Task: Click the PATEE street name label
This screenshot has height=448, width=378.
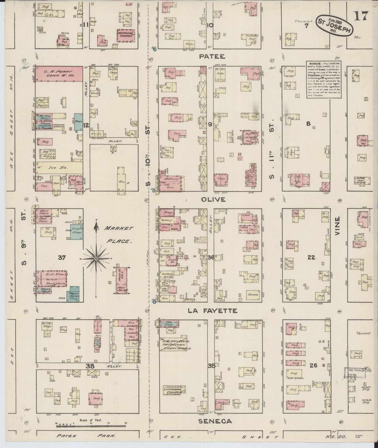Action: pyautogui.click(x=208, y=56)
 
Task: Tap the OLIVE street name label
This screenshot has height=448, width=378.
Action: pyautogui.click(x=213, y=199)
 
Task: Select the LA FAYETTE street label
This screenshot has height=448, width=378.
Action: pyautogui.click(x=213, y=311)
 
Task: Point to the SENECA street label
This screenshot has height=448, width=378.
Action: pyautogui.click(x=215, y=421)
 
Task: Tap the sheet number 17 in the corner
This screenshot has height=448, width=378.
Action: pyautogui.click(x=361, y=16)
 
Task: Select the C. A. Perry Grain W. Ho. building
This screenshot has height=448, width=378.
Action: pyautogui.click(x=59, y=73)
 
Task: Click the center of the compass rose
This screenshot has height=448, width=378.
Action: pyautogui.click(x=96, y=258)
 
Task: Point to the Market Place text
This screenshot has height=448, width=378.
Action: pyautogui.click(x=118, y=234)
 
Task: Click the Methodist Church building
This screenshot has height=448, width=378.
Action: pyautogui.click(x=126, y=35)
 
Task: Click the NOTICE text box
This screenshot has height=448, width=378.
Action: pyautogui.click(x=324, y=79)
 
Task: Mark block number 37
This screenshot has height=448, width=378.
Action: pyautogui.click(x=62, y=258)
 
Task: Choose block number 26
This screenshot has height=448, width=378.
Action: pyautogui.click(x=313, y=365)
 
